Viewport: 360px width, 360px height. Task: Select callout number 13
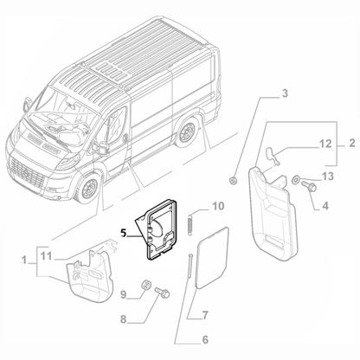pos(326,177)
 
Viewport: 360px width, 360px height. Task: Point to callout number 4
pos(325,206)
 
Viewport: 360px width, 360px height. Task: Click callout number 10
pos(217,206)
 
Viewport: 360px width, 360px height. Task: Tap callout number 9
pos(124,294)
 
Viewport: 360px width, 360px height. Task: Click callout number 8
pos(123,319)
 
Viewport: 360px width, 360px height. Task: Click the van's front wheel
pos(87,187)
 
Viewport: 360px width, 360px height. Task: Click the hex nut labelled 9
pos(147,285)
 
